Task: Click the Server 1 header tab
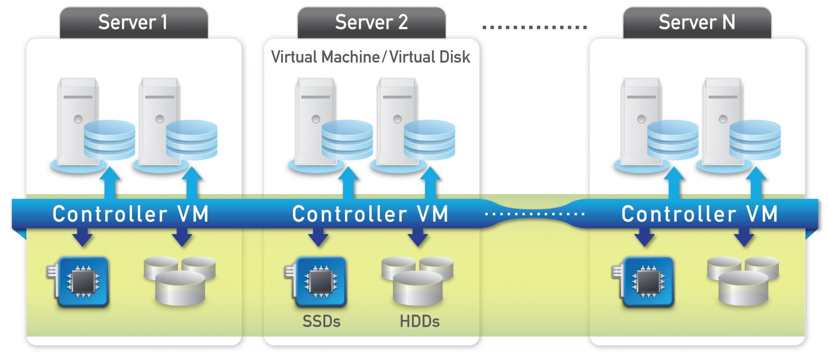[133, 22]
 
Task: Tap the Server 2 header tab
[371, 22]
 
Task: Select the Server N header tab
[697, 22]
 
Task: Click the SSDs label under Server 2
[321, 322]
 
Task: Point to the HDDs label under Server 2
[420, 322]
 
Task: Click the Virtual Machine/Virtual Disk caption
[370, 57]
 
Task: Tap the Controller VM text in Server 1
[131, 214]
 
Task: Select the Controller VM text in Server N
[699, 214]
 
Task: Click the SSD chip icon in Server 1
[82, 282]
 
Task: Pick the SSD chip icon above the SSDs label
[320, 282]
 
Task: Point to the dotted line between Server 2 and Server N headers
[535, 27]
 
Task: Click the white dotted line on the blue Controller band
[535, 214]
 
